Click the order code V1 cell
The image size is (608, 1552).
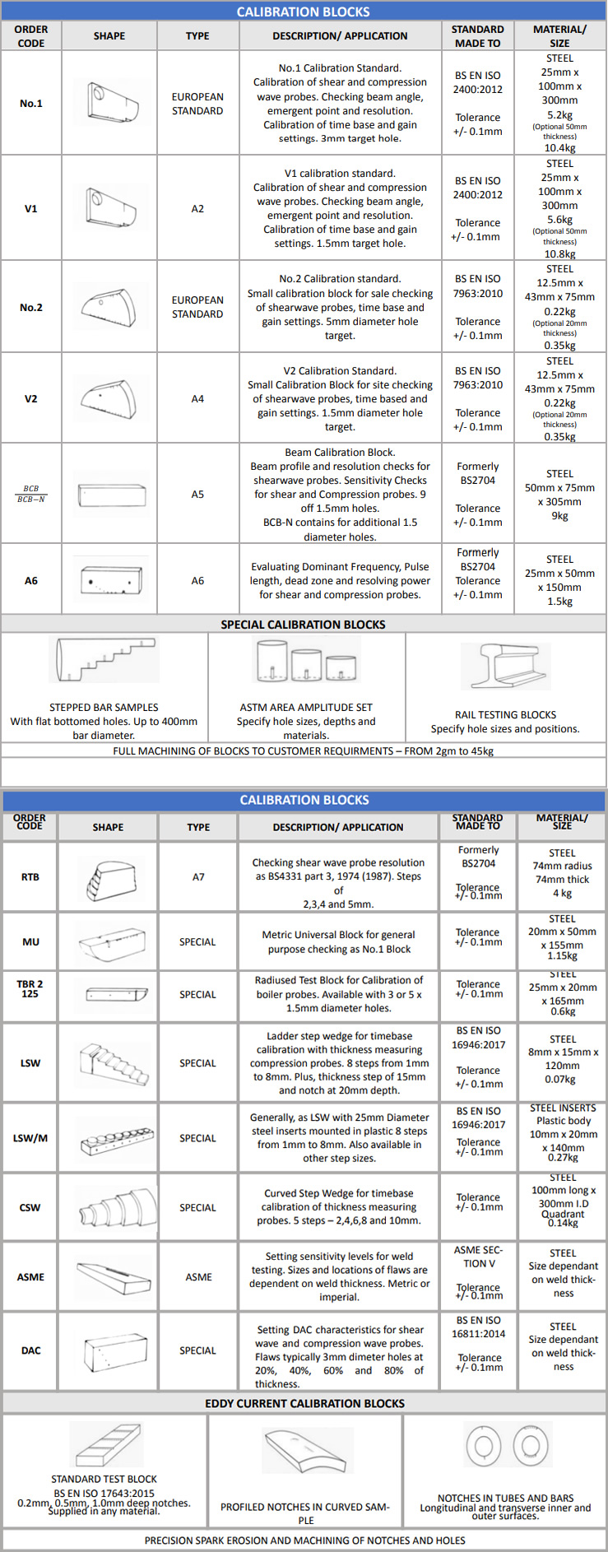[x=30, y=208]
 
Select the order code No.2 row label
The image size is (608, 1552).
[x=30, y=307]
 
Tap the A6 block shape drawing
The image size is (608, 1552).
[x=110, y=580]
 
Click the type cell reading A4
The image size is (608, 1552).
[x=197, y=398]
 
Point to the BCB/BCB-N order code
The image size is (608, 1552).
[x=30, y=494]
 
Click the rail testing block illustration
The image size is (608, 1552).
[x=505, y=667]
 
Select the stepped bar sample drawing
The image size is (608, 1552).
[x=104, y=661]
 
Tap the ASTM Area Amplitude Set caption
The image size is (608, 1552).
[x=306, y=707]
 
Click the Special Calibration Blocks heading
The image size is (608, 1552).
[x=303, y=625]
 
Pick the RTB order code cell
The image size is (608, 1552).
[x=30, y=876]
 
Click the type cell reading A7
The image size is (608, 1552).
[x=198, y=876]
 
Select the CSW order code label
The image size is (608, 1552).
[x=30, y=1207]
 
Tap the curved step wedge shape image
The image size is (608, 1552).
[x=118, y=1208]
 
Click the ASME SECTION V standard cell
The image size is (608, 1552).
[x=478, y=1257]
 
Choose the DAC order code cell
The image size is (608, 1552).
[x=30, y=1350]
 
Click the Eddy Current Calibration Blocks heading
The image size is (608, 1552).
[x=304, y=1403]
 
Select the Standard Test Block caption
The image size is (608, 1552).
[x=104, y=1479]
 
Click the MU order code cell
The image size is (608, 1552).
[x=30, y=941]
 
